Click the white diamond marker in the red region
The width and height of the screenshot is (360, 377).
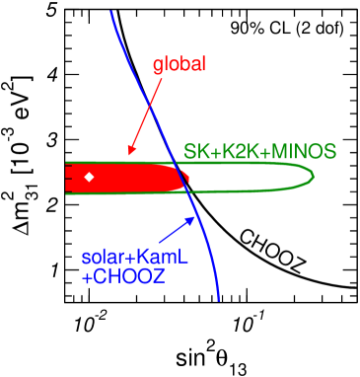coord(89,177)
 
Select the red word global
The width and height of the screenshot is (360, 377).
coord(179,65)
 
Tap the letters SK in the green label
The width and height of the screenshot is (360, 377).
coord(194,152)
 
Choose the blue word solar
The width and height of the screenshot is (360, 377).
coord(103,258)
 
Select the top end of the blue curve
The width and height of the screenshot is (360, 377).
coord(111,11)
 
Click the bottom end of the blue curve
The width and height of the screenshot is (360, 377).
coord(218,299)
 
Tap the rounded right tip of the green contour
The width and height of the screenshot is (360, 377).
coord(314,176)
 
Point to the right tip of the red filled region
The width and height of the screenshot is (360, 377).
coord(187,177)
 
